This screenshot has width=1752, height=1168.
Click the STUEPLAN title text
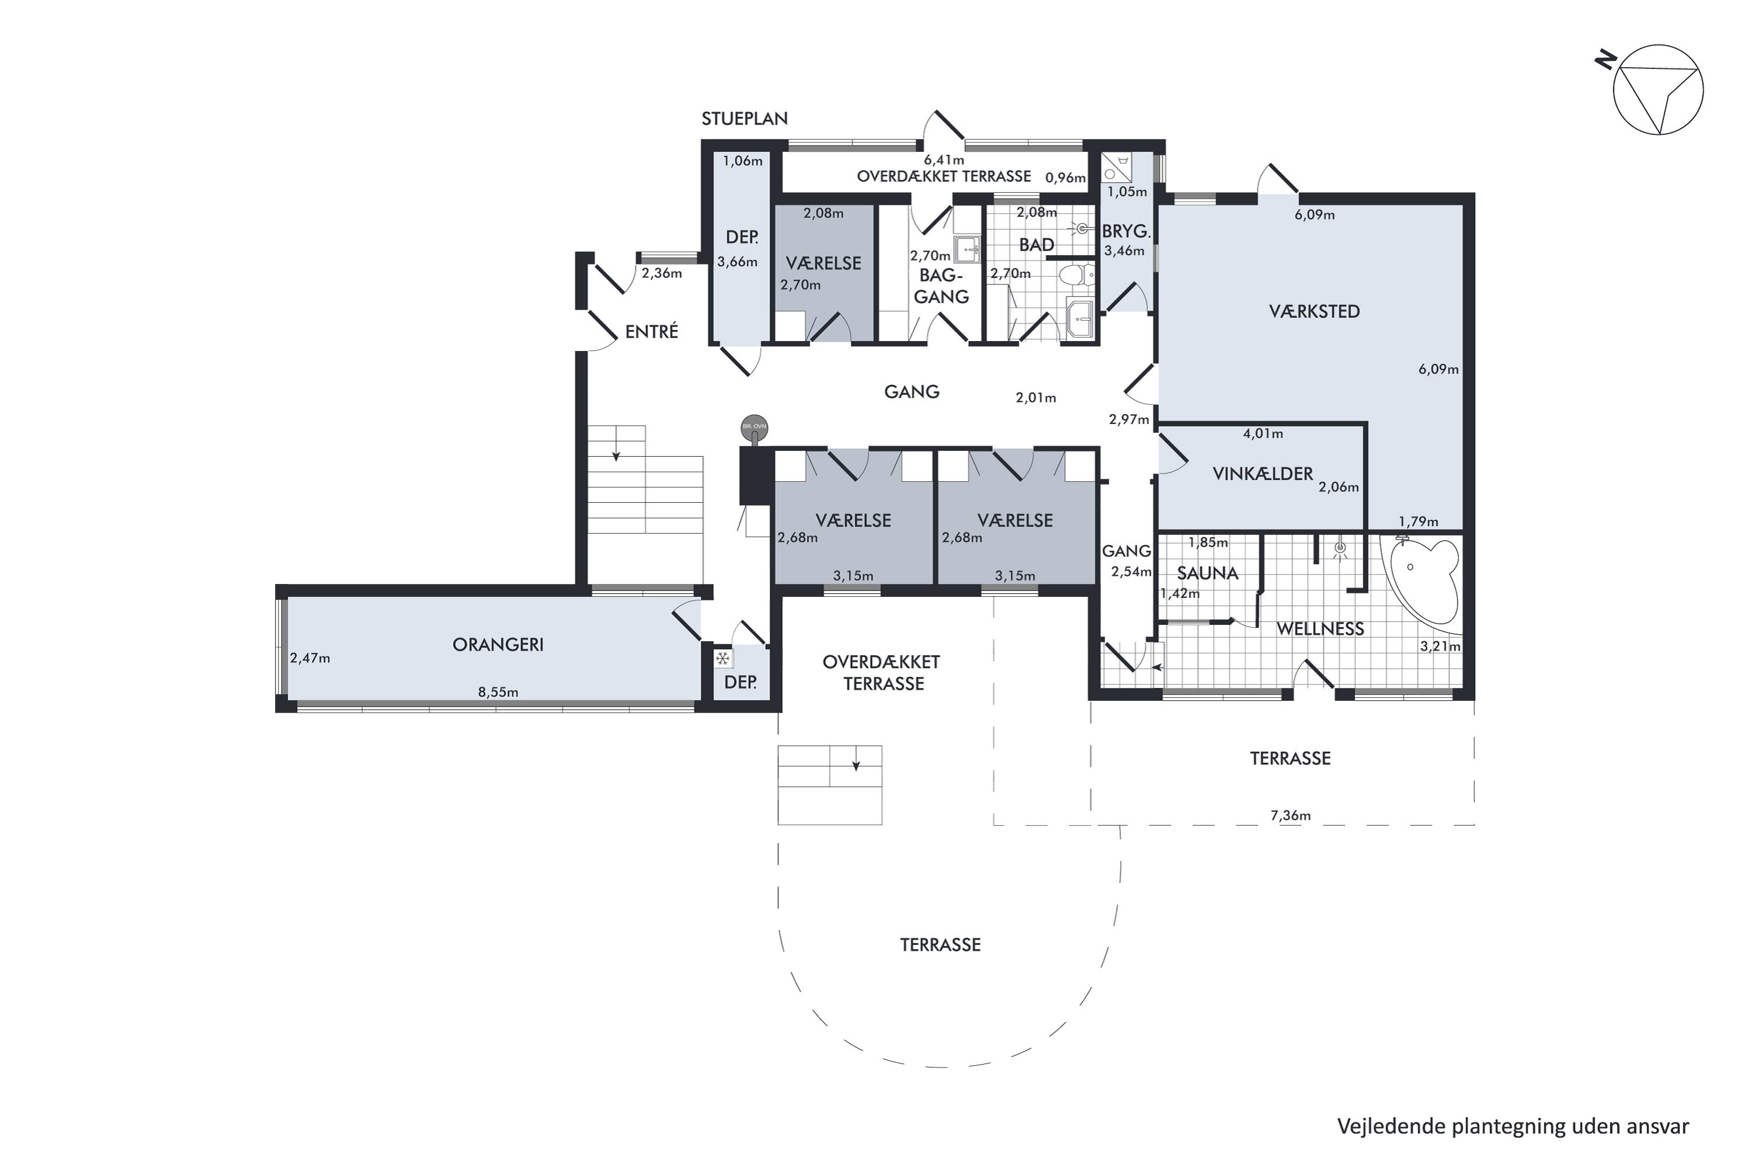[x=744, y=119]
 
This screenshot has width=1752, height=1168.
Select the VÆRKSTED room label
[x=1314, y=311]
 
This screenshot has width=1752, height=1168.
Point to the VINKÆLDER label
[x=1263, y=474]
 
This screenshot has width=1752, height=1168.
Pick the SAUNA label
[x=1208, y=573]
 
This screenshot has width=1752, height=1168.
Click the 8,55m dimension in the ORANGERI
[x=498, y=692]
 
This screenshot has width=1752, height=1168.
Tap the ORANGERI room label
[x=498, y=644]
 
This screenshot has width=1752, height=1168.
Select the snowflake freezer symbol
[x=722, y=659]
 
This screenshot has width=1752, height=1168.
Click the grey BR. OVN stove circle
[x=754, y=427]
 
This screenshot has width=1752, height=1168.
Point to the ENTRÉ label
[x=651, y=332]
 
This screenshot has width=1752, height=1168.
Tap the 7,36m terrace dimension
[x=1290, y=816]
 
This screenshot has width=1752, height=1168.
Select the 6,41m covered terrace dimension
[x=944, y=160]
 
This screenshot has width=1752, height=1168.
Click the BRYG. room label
[x=1125, y=232]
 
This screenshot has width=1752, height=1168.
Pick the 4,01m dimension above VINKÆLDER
[x=1263, y=433]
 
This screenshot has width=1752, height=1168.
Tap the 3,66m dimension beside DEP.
[x=736, y=262]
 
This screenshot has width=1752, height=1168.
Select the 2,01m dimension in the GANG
[x=1035, y=398]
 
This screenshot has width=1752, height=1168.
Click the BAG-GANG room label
[x=941, y=286]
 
